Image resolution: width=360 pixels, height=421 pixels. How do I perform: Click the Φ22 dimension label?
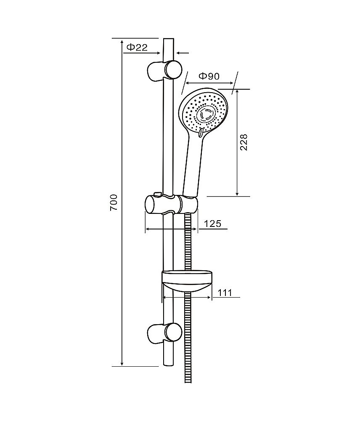[137, 48]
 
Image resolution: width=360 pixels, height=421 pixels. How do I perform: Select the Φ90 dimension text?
[209, 76]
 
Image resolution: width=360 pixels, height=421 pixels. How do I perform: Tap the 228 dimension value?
[244, 142]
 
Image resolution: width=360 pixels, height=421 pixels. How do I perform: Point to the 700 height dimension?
[114, 202]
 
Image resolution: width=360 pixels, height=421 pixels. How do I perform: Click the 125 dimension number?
[212, 224]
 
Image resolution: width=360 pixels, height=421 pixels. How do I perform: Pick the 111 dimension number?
[225, 293]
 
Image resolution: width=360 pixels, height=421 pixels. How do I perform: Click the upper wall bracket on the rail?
[165, 70]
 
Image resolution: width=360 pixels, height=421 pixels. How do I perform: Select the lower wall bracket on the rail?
[165, 333]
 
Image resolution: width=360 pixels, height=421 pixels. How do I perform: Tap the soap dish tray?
[187, 281]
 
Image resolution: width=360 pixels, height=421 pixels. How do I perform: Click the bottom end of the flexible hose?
[188, 382]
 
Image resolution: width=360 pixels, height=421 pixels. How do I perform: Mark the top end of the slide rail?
[169, 39]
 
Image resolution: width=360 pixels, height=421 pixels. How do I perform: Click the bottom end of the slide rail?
[169, 365]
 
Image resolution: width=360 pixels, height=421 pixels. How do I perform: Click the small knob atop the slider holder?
[157, 194]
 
